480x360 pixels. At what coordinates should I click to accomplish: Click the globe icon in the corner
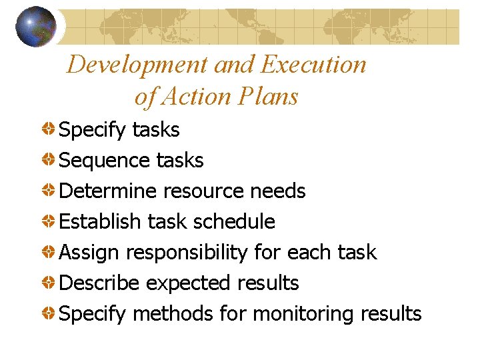click(x=36, y=26)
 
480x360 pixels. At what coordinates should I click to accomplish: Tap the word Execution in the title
click(x=313, y=65)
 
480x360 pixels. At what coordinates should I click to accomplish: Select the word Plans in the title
click(x=266, y=97)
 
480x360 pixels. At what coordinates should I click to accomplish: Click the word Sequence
click(x=105, y=161)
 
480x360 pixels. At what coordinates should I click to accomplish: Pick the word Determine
click(x=107, y=191)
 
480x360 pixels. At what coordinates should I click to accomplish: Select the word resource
click(x=204, y=191)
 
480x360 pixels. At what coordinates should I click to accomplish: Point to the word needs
click(x=277, y=191)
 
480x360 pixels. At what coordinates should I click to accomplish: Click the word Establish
click(x=99, y=222)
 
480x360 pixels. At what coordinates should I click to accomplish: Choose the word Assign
click(x=90, y=253)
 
